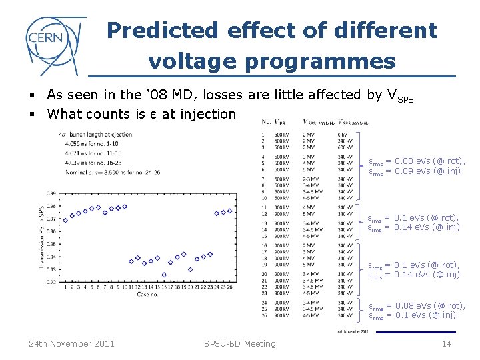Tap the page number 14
coord(446,343)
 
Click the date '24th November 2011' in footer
coord(71,343)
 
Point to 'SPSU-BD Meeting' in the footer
coord(240,343)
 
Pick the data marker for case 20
coord(191,269)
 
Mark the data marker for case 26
coord(230,211)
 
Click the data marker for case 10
coord(124,207)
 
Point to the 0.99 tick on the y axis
coord(51,194)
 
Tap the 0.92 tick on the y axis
coord(51,282)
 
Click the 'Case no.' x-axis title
coord(147,294)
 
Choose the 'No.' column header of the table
coord(266,123)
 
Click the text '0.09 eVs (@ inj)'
coord(423,171)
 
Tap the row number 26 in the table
coord(265,315)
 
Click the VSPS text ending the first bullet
coord(400,96)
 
